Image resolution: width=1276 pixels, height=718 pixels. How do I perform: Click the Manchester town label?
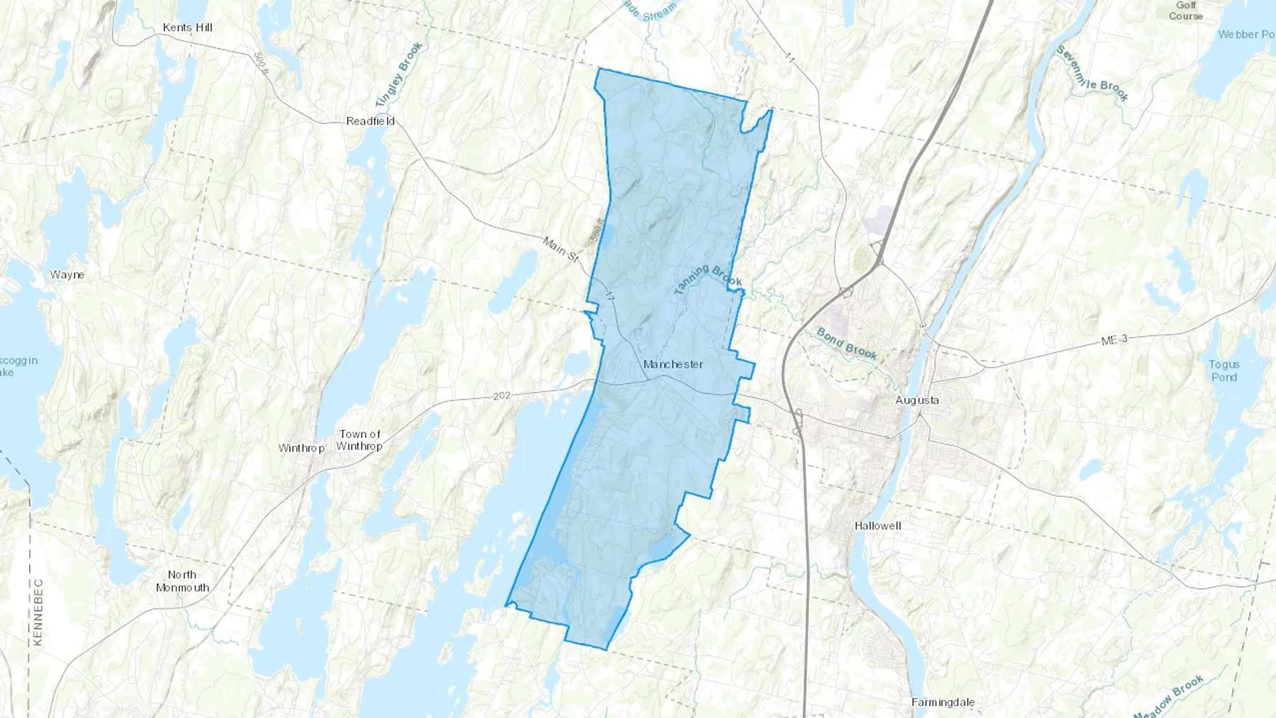pos(673,364)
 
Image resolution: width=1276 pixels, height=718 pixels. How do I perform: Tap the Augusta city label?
pos(917,400)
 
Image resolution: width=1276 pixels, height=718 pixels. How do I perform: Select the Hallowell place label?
pos(878,526)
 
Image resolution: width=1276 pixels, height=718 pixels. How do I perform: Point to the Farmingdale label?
pos(942,702)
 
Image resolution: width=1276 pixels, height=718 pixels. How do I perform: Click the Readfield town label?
pos(370,121)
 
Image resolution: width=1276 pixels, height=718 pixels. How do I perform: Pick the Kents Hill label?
pos(187,28)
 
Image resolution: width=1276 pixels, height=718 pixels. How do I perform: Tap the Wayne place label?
pos(67,275)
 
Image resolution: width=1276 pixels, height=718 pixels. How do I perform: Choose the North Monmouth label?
pos(182,581)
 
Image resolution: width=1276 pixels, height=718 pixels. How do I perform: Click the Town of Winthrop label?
pos(359,440)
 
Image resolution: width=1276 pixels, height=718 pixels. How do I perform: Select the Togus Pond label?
pos(1224,371)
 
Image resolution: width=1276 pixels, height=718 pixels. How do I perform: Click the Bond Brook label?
pos(846,344)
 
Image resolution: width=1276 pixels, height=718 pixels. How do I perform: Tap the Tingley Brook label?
pos(399,74)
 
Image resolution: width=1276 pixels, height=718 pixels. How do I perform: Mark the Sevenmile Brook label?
pos(1092,73)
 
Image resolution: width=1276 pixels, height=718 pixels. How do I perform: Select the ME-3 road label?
pos(1114,340)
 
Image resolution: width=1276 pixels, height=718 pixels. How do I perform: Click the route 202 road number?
pos(501,396)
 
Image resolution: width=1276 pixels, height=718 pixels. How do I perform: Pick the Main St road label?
pos(561,250)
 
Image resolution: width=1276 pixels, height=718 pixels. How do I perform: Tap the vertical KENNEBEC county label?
pos(38,612)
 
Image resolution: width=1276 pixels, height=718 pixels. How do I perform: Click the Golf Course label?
pos(1185,11)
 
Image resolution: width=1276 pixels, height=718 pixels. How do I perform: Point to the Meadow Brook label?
pos(1169,696)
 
